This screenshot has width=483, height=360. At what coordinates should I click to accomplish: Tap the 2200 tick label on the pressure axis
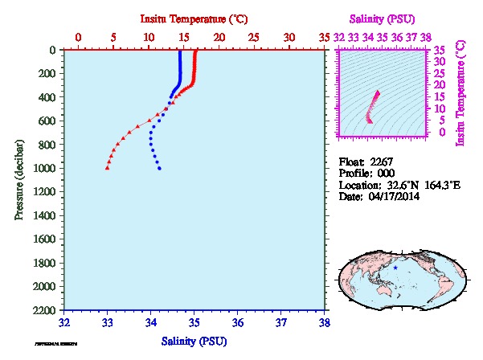coord(44,310)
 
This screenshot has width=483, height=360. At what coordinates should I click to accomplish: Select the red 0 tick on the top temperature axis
coord(78,37)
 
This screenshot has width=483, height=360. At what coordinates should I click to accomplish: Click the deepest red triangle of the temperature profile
coord(107,168)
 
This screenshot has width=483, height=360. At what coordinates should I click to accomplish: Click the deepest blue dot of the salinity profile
coord(160,168)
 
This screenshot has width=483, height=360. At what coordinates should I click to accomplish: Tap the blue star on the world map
coord(395,267)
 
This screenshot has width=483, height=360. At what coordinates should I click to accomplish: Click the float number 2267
coord(381,162)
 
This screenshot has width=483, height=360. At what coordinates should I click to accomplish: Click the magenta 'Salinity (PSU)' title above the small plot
coord(382,17)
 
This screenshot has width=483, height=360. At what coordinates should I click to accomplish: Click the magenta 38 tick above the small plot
coord(425,37)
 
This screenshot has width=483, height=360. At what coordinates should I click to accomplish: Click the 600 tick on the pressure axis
coord(47,121)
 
